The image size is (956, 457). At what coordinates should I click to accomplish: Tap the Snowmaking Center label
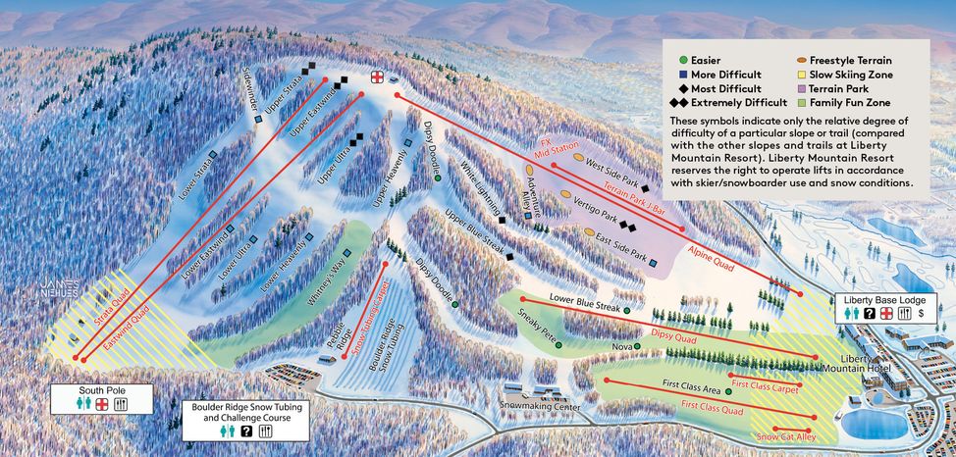pyautogui.click(x=540, y=406)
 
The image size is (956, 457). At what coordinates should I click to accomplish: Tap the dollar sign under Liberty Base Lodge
pyautogui.click(x=922, y=313)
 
